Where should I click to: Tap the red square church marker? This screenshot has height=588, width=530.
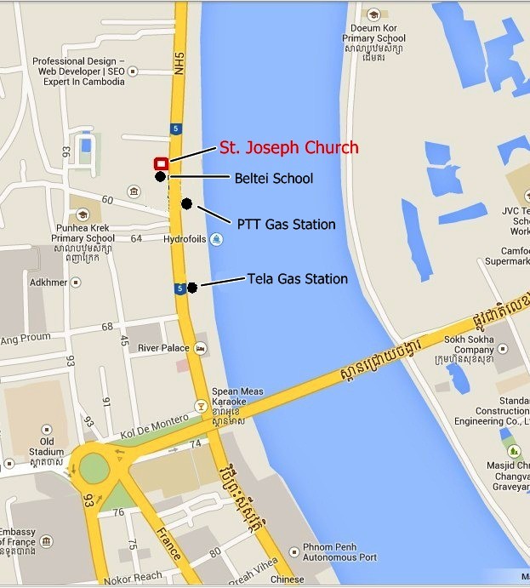pos(160,163)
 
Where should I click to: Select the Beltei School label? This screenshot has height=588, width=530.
pos(273,179)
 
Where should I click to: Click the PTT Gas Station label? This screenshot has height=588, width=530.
pos(286,225)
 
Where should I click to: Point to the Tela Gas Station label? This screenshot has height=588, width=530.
pos(297,278)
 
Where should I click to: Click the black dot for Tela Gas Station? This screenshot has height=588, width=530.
pos(192,288)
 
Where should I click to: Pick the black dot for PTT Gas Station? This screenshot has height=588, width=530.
pos(186,204)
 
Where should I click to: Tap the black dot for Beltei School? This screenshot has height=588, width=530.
pos(160,177)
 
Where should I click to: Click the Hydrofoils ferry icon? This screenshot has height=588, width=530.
pos(217,240)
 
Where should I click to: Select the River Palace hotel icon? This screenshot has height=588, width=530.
pos(200,348)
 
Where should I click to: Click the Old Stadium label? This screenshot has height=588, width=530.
pos(46,447)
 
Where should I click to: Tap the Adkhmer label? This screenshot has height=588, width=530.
pos(48,283)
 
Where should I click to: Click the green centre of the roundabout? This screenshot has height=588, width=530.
pos(94,468)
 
